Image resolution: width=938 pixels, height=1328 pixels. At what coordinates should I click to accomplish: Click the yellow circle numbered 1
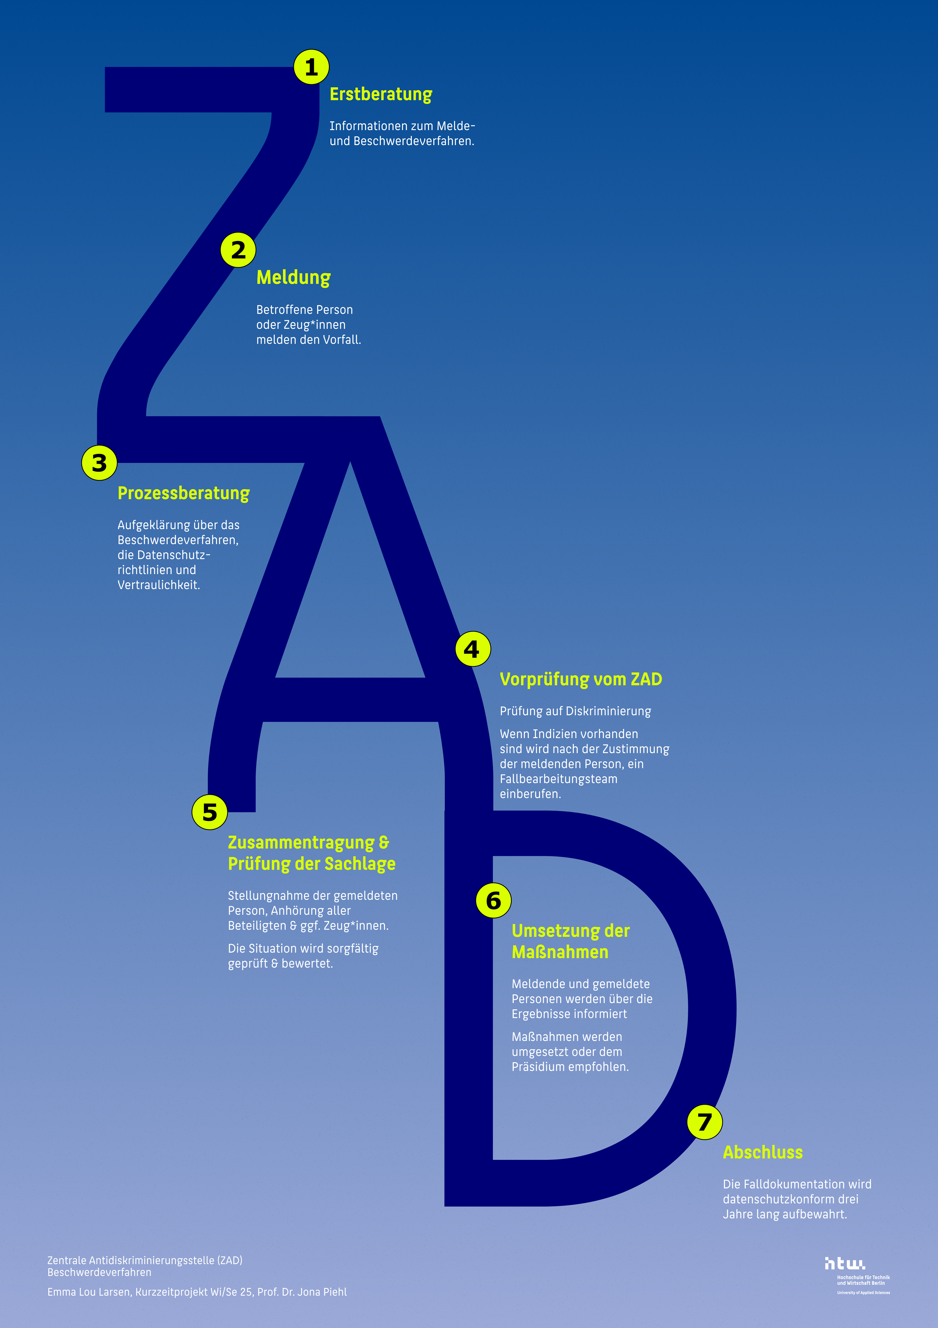click(311, 67)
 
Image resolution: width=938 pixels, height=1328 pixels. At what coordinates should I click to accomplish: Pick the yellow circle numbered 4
click(472, 649)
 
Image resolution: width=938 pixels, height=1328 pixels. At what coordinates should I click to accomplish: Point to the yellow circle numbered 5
click(209, 812)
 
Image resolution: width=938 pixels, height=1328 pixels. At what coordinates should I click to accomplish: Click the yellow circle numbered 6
click(493, 901)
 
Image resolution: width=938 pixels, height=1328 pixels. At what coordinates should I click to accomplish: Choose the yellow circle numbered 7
click(704, 1122)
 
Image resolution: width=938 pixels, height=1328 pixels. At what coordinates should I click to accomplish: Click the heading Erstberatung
click(381, 94)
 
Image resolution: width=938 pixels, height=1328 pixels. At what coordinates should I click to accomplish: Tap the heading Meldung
click(293, 278)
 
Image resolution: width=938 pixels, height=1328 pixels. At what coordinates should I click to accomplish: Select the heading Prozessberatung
click(183, 493)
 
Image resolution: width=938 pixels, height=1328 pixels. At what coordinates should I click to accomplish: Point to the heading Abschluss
click(762, 1152)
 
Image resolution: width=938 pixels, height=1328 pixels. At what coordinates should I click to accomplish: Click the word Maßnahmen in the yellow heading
click(560, 952)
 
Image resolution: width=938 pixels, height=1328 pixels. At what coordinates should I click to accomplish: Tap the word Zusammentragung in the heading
click(301, 843)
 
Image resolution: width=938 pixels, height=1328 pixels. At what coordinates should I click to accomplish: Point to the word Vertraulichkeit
click(159, 585)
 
